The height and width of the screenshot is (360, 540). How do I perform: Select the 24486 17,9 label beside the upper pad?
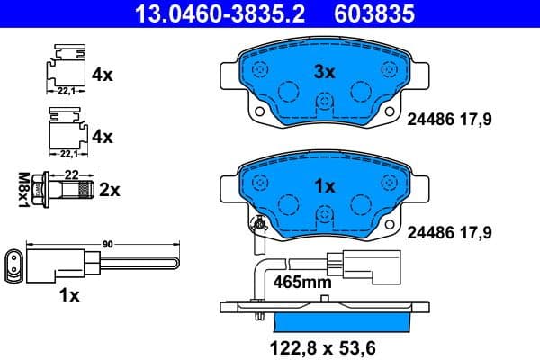click(451, 118)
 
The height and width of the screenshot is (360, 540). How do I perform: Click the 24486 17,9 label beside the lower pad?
click(451, 232)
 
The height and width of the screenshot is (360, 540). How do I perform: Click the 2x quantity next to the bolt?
click(110, 190)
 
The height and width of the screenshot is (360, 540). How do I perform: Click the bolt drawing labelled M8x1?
click(66, 190)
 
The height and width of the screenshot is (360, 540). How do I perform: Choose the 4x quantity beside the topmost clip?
click(103, 76)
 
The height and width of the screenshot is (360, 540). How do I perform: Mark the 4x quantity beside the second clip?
click(103, 137)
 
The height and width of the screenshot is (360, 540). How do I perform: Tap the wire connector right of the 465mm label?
click(355, 265)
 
